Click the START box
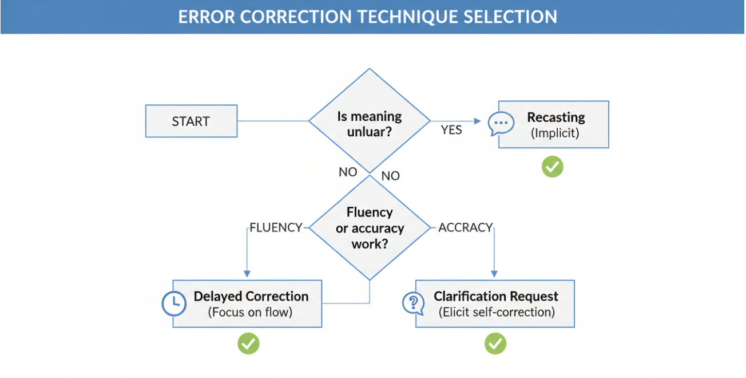tap(192, 121)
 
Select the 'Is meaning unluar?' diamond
tap(370, 121)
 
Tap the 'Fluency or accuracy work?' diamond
tap(370, 228)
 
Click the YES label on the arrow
tap(451, 129)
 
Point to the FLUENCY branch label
tap(276, 227)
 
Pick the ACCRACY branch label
tap(466, 227)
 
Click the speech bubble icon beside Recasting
tap(501, 124)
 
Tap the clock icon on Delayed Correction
tap(174, 304)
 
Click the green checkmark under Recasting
tap(553, 167)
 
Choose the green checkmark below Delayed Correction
tap(248, 343)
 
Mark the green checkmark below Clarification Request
tap(495, 343)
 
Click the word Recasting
tap(556, 117)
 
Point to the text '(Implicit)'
tap(555, 133)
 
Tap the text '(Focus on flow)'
tap(250, 312)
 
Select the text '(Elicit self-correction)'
tap(497, 312)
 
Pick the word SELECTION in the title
tap(510, 17)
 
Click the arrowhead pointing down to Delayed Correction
tap(247, 274)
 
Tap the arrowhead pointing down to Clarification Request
tap(494, 274)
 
